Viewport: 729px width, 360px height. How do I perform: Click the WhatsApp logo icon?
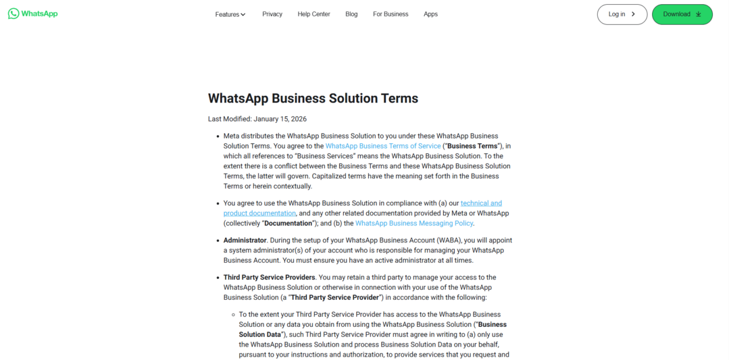[x=14, y=14]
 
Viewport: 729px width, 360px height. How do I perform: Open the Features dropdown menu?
[x=230, y=14]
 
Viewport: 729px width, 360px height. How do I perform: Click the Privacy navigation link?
[x=272, y=14]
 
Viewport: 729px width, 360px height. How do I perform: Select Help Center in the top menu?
[x=313, y=14]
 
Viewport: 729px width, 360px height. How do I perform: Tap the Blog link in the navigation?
[x=351, y=14]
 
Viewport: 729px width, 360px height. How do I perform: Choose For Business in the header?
[x=391, y=14]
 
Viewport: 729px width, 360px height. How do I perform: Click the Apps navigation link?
[x=430, y=14]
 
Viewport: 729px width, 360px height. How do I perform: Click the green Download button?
[x=682, y=14]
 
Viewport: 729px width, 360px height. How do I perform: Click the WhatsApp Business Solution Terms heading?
[x=313, y=99]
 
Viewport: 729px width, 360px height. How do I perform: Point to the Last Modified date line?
[x=257, y=119]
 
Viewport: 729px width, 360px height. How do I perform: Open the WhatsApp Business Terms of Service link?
[x=382, y=146]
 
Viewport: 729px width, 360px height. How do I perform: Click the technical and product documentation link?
[x=481, y=203]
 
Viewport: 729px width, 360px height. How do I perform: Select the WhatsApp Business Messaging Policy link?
[x=414, y=224]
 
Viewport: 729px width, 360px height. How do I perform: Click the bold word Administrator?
[x=245, y=240]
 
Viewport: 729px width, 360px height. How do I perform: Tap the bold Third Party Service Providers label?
[x=269, y=278]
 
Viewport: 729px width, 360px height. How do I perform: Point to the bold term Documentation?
[x=287, y=224]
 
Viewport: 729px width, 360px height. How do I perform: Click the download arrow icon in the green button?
[x=699, y=14]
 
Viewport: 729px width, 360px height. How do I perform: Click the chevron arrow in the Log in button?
[x=633, y=14]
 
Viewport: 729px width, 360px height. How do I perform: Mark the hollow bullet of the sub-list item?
[x=232, y=315]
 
